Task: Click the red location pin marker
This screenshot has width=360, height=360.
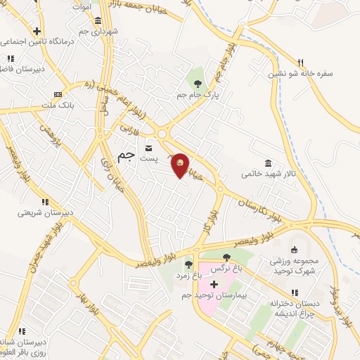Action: [x=181, y=165]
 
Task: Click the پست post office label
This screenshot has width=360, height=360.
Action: [x=148, y=160]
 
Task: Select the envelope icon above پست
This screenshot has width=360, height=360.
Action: [x=148, y=148]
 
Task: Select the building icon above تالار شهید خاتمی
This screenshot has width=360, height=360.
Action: [x=267, y=162]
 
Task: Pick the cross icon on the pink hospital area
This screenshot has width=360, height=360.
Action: [x=214, y=283]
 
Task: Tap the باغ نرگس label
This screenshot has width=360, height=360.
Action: [x=231, y=268]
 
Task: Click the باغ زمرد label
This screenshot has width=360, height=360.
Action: [x=189, y=276]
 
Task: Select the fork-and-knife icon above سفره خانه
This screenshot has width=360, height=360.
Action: [x=300, y=62]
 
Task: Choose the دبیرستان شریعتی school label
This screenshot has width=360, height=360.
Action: [x=42, y=212]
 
